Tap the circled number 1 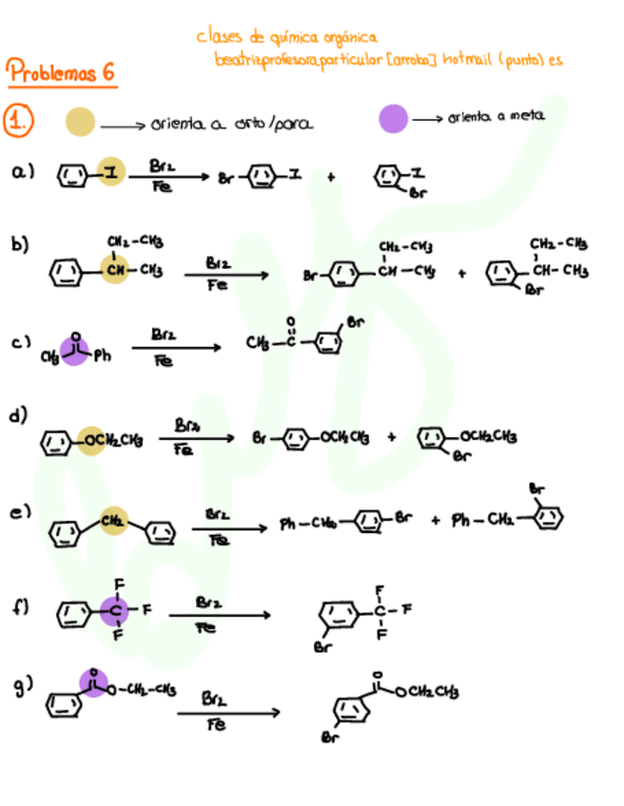coord(19,122)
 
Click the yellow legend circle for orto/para coord(80,122)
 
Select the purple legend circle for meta coord(393,120)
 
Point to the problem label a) coord(23,172)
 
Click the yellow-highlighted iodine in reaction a coord(110,172)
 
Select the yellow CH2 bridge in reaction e coord(113,521)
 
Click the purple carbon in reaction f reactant coord(114,608)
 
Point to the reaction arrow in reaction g coord(228,712)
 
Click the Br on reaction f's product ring coord(321,648)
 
